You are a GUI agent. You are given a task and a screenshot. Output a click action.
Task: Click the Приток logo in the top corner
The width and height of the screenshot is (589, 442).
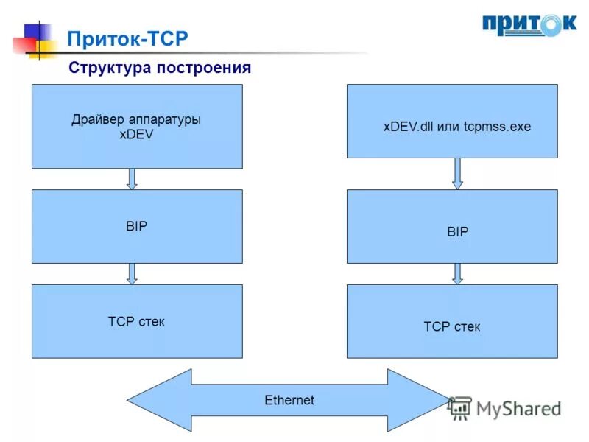pos(529,24)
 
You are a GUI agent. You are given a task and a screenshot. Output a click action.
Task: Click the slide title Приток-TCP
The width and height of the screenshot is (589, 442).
pos(127,39)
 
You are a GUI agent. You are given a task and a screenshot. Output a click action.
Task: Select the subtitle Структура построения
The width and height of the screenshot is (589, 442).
pos(160,68)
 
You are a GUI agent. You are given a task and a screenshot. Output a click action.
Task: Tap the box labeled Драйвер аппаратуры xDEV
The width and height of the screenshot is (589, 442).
pos(137,126)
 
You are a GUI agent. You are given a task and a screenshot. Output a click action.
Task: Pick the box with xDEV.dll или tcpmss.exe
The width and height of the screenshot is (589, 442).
pos(452,121)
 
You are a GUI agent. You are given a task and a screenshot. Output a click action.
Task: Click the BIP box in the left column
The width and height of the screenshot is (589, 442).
pos(137,226)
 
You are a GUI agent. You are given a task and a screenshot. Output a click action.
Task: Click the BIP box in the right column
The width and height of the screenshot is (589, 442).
pos(452,226)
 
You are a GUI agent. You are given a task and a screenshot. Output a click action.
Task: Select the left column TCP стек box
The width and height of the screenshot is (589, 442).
pos(137,321)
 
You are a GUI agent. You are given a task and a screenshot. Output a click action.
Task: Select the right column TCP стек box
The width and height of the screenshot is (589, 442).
pos(452,321)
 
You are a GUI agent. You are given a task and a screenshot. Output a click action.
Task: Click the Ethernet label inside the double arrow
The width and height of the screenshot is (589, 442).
pos(289,400)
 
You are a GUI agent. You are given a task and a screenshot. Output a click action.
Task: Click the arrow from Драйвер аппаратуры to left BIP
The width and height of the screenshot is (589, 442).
pos(133,179)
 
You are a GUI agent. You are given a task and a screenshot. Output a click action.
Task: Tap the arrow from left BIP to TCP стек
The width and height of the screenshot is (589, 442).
pos(133,274)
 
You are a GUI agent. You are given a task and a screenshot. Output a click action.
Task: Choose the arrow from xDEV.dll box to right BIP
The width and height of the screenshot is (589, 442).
pos(457,174)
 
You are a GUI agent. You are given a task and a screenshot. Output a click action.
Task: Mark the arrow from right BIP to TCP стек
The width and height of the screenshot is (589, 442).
pos(457,274)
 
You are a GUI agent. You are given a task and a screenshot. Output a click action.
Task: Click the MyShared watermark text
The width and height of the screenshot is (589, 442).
pos(518,408)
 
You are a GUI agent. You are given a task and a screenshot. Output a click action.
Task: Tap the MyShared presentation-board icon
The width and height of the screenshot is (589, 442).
pos(461,408)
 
